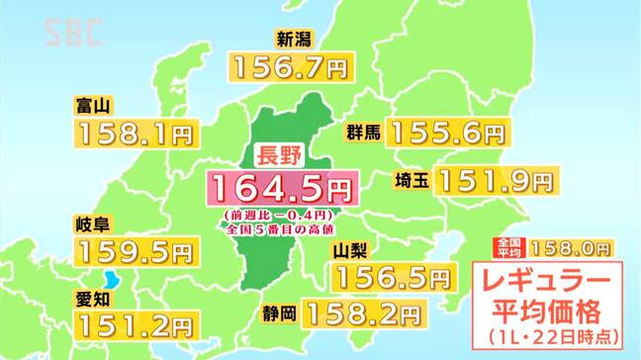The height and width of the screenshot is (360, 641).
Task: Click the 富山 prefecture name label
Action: (x=92, y=104)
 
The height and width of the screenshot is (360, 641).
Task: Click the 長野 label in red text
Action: (x=278, y=154)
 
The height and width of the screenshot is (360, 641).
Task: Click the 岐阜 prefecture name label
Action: (x=92, y=224)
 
